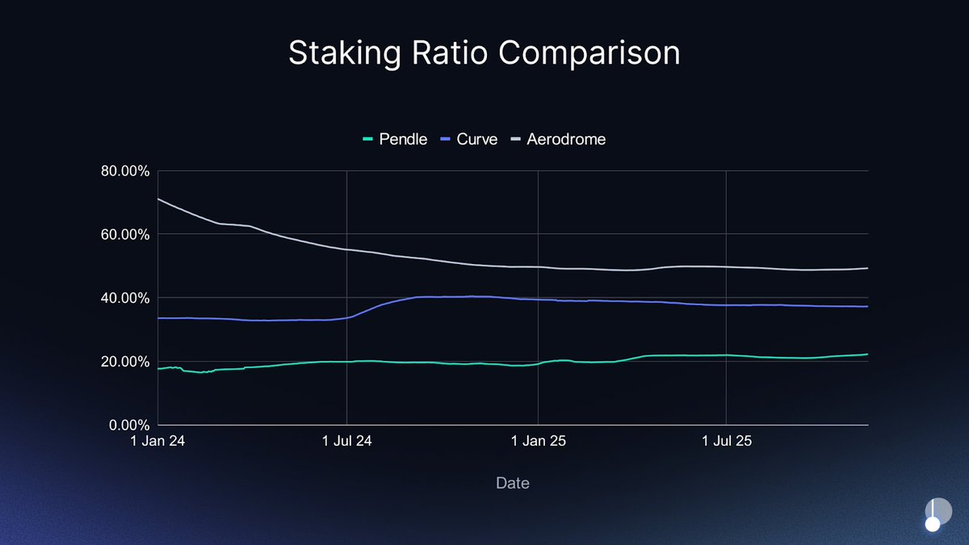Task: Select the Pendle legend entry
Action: pyautogui.click(x=396, y=139)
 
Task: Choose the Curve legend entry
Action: pyautogui.click(x=470, y=139)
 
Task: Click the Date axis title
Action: pyautogui.click(x=513, y=483)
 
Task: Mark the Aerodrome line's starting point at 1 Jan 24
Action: pyautogui.click(x=158, y=199)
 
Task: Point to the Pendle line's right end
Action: pyautogui.click(x=867, y=354)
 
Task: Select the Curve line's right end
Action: pyautogui.click(x=867, y=307)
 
